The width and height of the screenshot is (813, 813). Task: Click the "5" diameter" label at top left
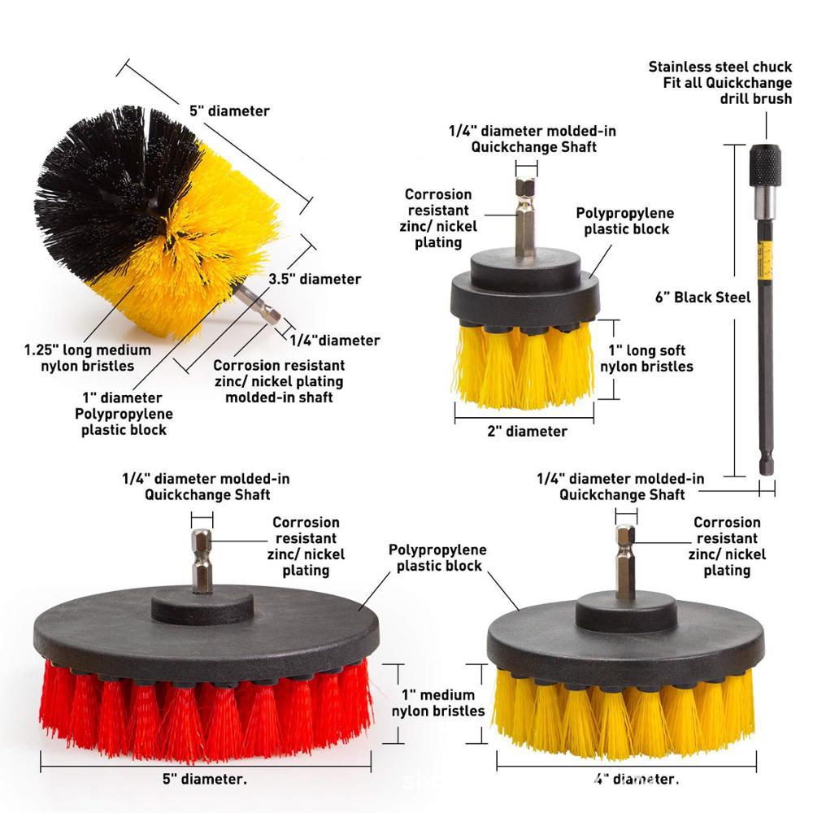coord(228,111)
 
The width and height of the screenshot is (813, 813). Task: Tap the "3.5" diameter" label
coord(315,279)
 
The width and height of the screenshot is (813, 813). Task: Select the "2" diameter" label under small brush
coord(527,432)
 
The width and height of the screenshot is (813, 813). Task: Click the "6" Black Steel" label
coord(702,298)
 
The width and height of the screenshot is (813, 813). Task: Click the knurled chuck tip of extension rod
coord(766,165)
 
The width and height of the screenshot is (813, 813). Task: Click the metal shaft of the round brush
coord(259,302)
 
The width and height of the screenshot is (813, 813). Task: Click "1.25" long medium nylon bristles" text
coord(88,358)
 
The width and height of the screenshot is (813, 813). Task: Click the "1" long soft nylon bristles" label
coord(646,359)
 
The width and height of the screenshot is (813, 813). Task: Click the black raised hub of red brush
coord(202,607)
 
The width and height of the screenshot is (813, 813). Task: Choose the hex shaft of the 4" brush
coord(625,561)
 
